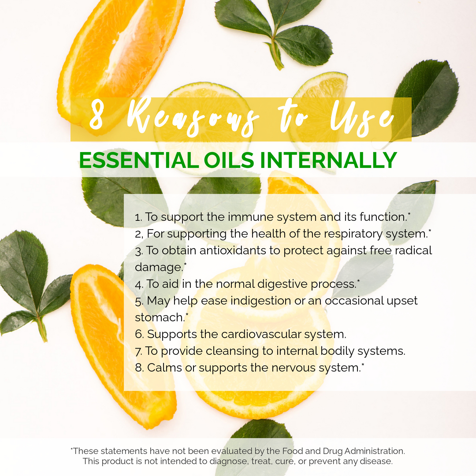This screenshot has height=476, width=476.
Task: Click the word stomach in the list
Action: point(159,317)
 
